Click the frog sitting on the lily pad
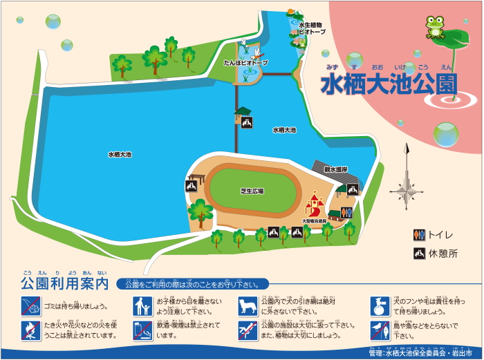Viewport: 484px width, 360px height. click(435, 27)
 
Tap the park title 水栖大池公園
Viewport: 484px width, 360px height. click(389, 84)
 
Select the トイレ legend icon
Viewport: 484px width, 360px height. click(419, 234)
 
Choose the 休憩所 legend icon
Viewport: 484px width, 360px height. click(419, 254)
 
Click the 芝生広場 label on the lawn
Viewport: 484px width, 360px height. click(252, 191)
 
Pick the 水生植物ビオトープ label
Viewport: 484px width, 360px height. click(310, 29)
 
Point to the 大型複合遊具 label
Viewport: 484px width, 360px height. click(314, 221)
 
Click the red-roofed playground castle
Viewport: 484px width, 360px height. click(315, 205)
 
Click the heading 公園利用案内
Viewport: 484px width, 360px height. click(65, 283)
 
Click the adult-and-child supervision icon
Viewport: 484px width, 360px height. click(142, 305)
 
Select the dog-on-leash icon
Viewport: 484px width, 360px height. click(248, 305)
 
